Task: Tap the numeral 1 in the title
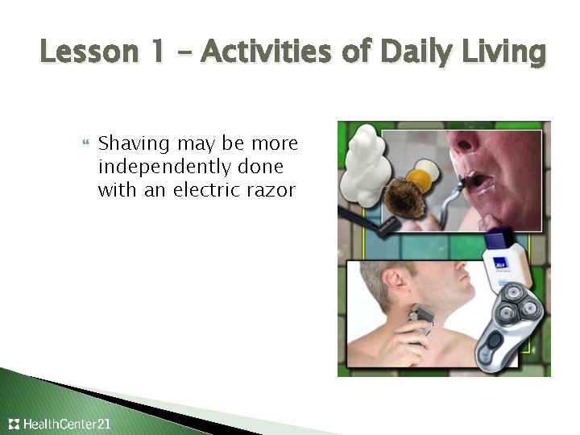point(157,53)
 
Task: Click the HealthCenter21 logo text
point(68,424)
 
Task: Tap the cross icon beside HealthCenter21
point(14,424)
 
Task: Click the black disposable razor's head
point(386,225)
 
